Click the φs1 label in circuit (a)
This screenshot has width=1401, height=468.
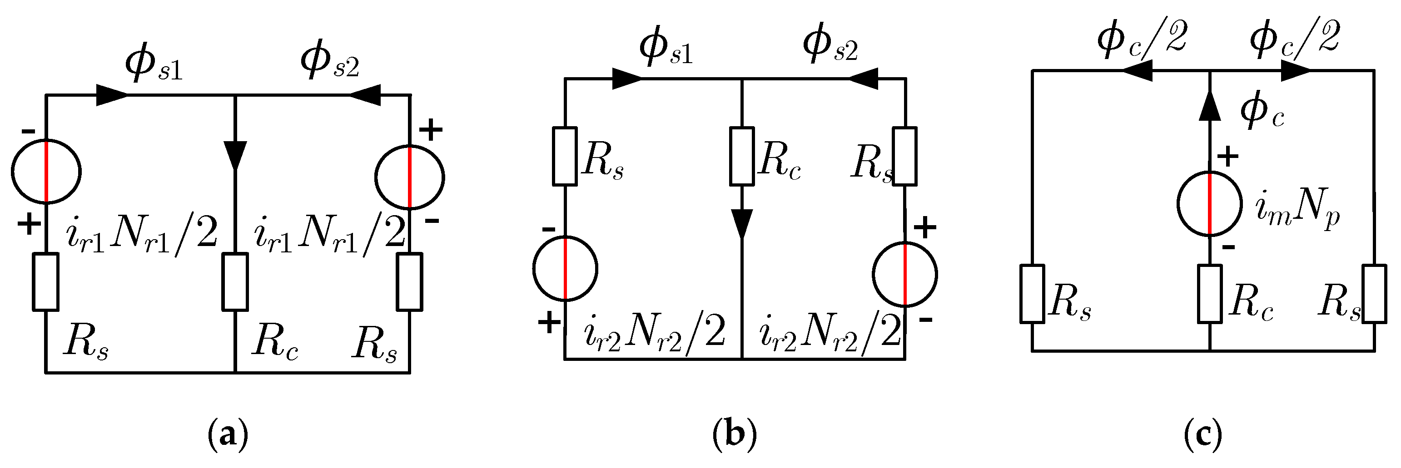(154, 64)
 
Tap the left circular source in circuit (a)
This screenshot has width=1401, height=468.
(46, 171)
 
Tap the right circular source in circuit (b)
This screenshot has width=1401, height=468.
(905, 274)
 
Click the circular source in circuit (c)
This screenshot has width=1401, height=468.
(1210, 204)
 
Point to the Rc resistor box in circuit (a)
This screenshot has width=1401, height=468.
(235, 281)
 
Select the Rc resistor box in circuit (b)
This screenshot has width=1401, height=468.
(742, 156)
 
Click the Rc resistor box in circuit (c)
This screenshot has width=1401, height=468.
(1210, 294)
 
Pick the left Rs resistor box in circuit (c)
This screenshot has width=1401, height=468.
(1032, 294)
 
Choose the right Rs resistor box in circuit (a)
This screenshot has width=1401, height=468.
(409, 281)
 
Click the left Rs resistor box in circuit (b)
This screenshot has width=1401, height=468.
(565, 156)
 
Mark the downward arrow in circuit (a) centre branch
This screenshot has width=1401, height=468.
(235, 155)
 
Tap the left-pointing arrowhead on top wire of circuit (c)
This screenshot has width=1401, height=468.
(1138, 71)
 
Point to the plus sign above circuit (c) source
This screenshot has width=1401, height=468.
(1227, 157)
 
